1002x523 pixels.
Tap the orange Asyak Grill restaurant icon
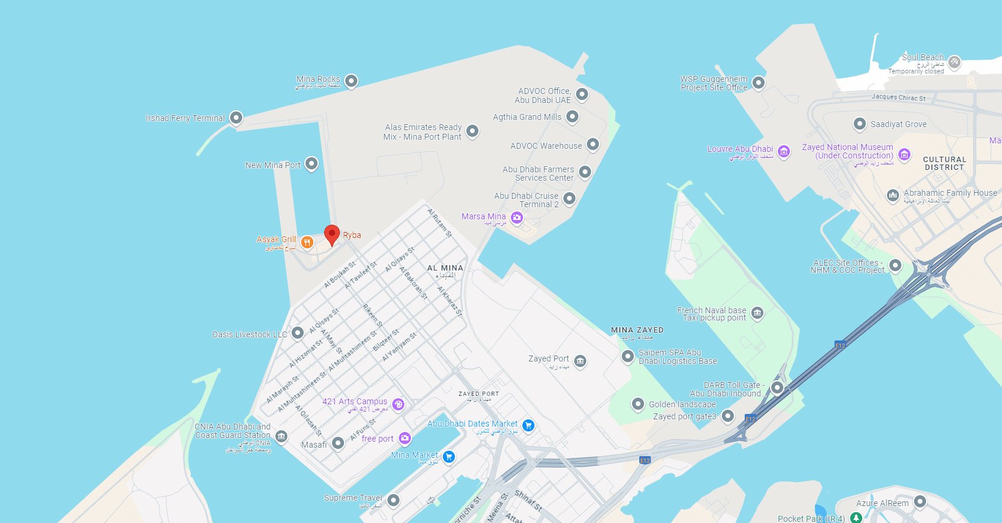coord(307,242)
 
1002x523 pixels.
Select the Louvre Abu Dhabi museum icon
coord(784,151)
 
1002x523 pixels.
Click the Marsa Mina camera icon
coord(517,218)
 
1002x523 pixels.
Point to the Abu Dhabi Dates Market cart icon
coord(528,425)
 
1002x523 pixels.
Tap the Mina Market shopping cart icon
coord(448,457)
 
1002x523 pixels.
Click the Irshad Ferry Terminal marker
coord(236,117)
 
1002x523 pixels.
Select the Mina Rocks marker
coord(351,81)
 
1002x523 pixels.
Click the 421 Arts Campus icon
coord(398,404)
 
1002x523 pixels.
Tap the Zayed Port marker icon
coord(580,361)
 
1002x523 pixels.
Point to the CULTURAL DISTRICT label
coord(944,163)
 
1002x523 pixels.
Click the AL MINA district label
coord(445,268)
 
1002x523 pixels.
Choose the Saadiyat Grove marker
coord(860,124)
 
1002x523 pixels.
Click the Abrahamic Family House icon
coord(893,195)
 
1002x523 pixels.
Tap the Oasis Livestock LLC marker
coord(298,333)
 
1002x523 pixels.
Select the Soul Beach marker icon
coord(954,61)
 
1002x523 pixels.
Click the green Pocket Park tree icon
coord(856,518)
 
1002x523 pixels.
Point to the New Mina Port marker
coord(312,163)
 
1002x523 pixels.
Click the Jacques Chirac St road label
coord(898,97)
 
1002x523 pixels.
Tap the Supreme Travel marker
coord(393,500)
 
